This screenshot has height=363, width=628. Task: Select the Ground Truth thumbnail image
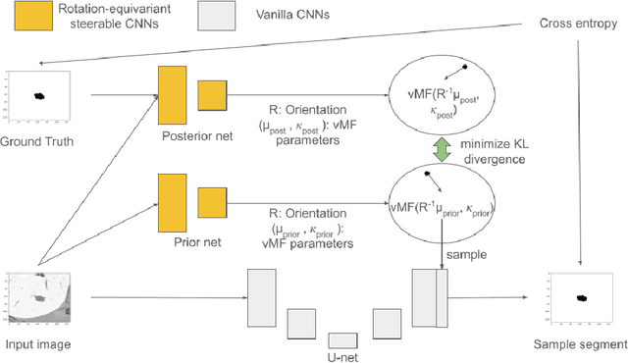[x=38, y=95]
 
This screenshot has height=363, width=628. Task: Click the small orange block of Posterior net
[x=213, y=95]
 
